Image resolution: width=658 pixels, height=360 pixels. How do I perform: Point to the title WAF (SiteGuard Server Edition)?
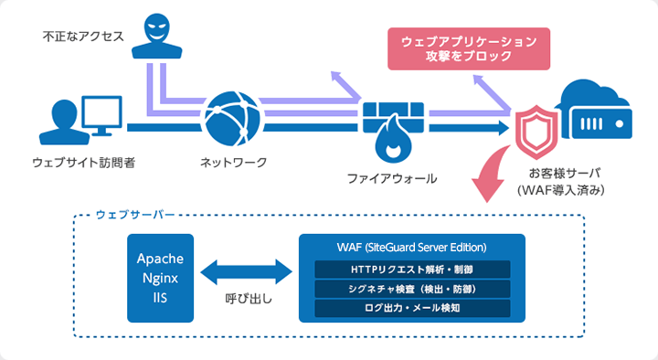tap(412, 248)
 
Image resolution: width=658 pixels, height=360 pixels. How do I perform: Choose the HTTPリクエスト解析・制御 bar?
tap(412, 270)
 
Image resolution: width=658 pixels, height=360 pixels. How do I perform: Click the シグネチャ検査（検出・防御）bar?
tap(412, 289)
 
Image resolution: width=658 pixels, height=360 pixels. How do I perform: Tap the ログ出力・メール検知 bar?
tap(412, 308)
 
